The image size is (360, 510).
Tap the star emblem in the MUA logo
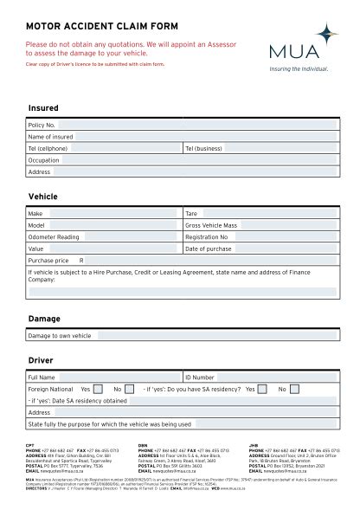pos(325,35)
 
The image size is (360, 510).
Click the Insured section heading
pos(43,108)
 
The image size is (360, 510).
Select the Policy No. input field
pos(112,126)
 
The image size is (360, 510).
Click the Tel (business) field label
pos(203,149)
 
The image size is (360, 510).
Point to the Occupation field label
pos(43,160)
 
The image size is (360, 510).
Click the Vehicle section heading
pos(43,197)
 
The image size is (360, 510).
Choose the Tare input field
pos(268,213)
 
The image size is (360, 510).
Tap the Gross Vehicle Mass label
pos(211,225)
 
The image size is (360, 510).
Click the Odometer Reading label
pos(54,236)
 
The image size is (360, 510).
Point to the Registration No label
pos(207,236)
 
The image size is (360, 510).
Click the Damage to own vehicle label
pos(59,336)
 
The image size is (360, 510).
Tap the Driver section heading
pos(41,359)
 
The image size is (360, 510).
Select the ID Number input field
pos(277,378)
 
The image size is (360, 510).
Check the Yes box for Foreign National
pos(98,390)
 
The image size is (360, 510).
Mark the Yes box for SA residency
pos(263,390)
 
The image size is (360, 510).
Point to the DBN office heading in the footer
pos(143,445)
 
